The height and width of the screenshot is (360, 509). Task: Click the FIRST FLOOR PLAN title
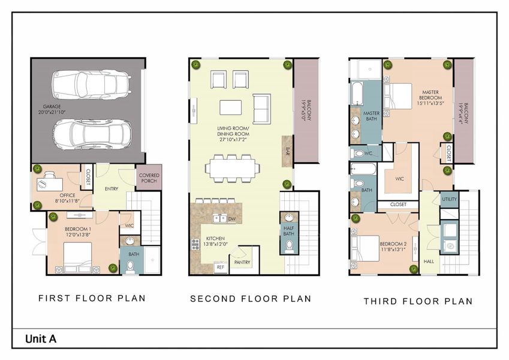coord(92,298)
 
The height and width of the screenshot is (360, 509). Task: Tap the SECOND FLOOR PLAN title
coord(251,298)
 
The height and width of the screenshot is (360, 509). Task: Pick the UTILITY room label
coord(449,199)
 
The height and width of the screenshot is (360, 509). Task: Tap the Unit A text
coord(41,339)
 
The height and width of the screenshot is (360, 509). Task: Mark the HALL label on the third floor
coord(429,262)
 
